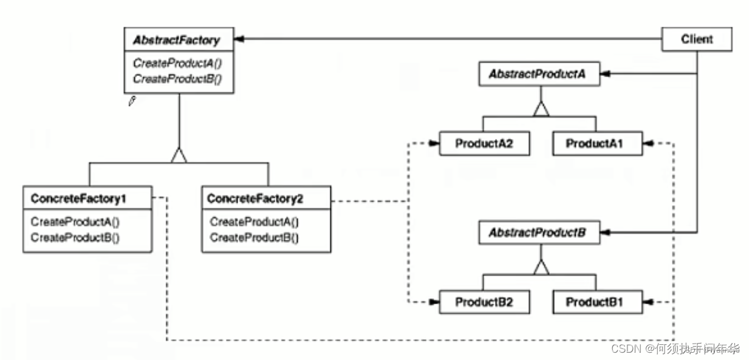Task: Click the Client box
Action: click(696, 39)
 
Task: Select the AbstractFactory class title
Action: click(176, 41)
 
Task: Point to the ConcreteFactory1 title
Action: click(82, 198)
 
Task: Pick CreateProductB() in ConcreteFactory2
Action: click(254, 237)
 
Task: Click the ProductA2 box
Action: click(476, 144)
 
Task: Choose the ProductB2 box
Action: click(476, 302)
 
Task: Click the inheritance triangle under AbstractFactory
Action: click(179, 155)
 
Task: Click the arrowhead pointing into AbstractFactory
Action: click(240, 39)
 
